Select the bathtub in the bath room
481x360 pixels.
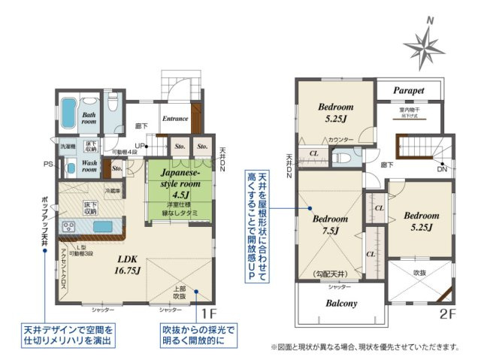pos(66,112)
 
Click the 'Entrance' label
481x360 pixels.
pos(174,118)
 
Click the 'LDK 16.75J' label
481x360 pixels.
pos(129,265)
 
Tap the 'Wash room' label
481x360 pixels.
pos(89,165)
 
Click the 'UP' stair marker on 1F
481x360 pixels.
pos(140,145)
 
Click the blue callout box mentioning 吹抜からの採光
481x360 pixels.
pos(192,335)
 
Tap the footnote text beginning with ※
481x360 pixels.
pos(365,347)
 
